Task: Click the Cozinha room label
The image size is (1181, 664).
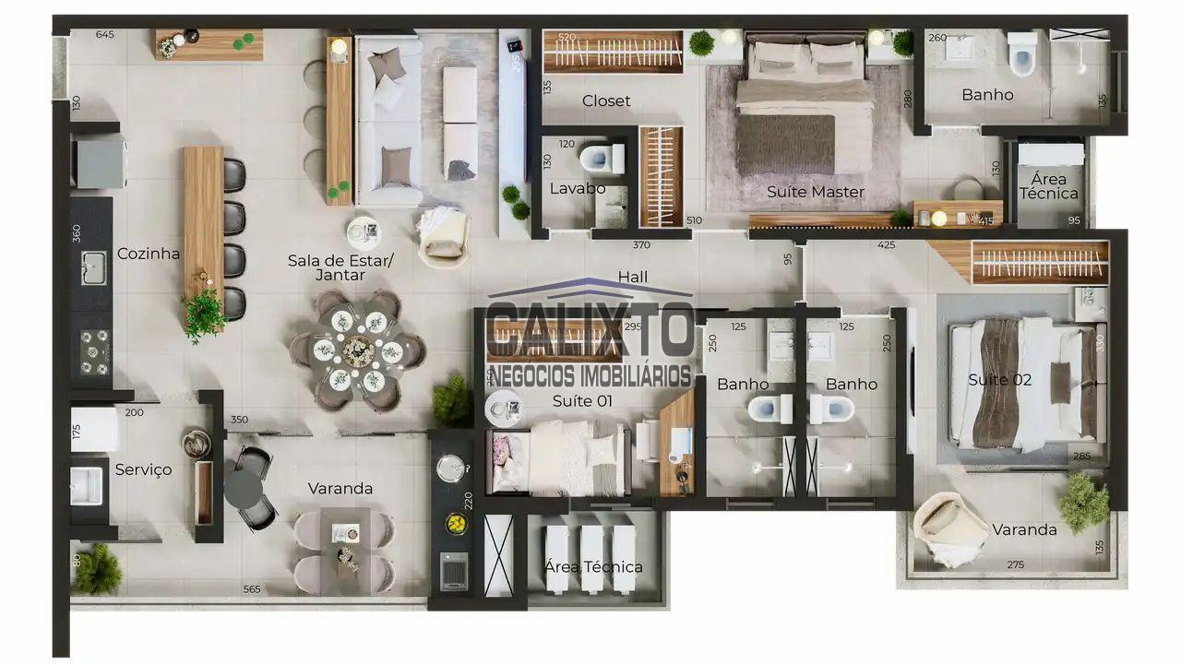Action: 149,254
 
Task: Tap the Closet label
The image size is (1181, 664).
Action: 606,101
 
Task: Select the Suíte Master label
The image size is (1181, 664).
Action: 816,192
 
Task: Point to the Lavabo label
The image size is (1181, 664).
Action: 578,188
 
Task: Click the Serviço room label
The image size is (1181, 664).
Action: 143,469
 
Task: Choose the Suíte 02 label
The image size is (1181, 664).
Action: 999,379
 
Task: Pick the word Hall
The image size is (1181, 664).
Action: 633,277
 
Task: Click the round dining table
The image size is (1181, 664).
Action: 357,350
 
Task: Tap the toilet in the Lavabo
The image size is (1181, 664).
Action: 601,158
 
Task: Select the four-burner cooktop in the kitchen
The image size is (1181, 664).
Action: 93,352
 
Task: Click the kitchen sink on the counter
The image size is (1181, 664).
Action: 93,267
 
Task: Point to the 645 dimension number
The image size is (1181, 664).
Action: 104,35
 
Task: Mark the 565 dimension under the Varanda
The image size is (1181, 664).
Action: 251,589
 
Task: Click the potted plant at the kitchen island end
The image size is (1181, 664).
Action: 203,314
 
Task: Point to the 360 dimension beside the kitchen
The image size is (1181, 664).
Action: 76,233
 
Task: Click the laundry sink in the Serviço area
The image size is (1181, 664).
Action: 89,485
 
